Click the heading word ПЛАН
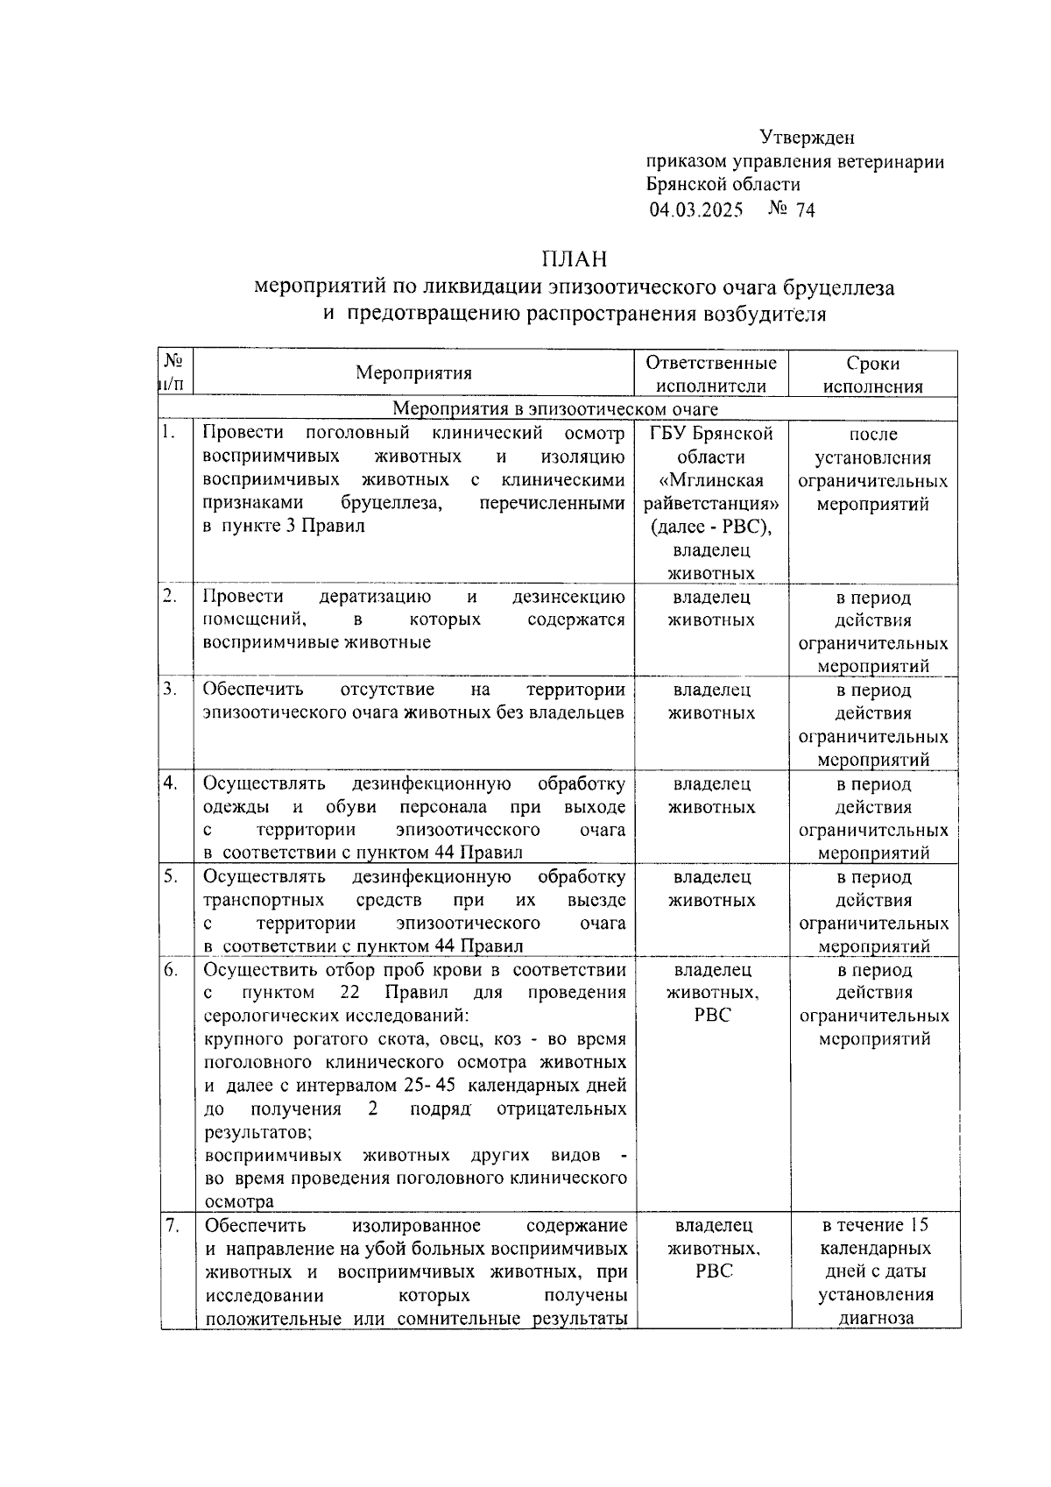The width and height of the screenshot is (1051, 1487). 574,259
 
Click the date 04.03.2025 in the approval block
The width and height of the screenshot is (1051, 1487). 695,210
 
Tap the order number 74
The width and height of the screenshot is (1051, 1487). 804,210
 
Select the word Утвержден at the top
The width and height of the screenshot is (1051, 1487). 806,138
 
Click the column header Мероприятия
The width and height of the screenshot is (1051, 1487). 413,373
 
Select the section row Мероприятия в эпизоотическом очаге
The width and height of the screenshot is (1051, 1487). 555,409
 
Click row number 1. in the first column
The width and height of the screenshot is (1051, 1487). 169,432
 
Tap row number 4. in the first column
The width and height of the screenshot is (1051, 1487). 170,782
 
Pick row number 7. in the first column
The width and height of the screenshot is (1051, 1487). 172,1225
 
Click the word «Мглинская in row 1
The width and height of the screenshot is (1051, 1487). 711,481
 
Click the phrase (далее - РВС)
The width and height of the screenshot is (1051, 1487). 711,527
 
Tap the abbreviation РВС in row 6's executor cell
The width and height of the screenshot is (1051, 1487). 712,1016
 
